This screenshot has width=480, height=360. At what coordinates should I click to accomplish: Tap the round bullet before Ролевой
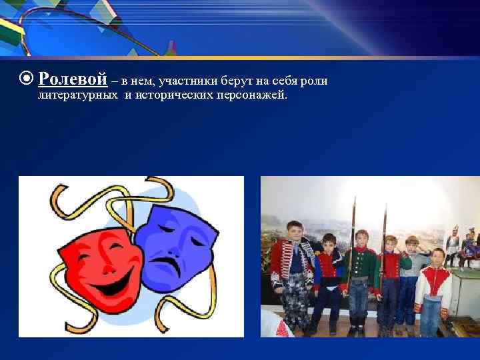click(x=27, y=80)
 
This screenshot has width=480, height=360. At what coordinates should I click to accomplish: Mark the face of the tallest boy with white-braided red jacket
click(x=294, y=231)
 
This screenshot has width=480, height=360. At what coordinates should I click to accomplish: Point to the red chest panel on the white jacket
click(x=432, y=283)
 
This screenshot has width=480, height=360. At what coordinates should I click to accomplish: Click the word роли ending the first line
click(x=317, y=81)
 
